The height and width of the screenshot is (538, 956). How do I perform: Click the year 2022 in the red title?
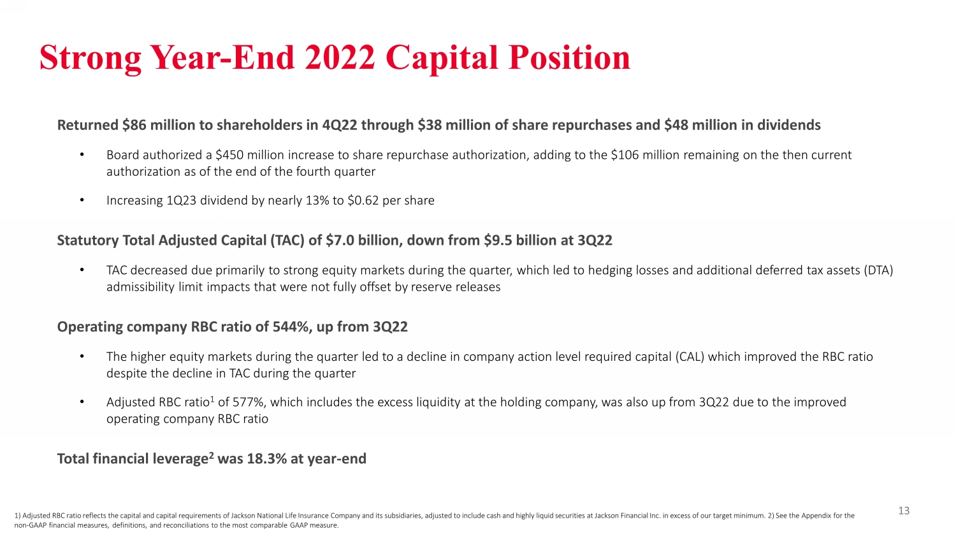point(339,57)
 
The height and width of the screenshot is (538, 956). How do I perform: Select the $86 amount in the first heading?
point(132,125)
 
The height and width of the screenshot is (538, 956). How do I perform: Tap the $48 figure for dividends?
point(675,125)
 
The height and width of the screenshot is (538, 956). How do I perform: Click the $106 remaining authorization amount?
point(625,154)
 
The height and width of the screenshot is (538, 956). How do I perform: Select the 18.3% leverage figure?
point(267,458)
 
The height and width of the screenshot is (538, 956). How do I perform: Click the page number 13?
point(904,511)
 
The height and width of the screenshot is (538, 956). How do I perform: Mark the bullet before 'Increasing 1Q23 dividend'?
point(82,200)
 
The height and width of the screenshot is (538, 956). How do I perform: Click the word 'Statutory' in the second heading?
point(88,240)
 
